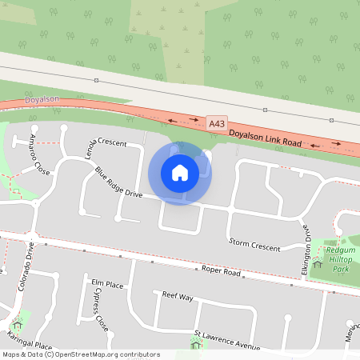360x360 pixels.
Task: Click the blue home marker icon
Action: [180, 173]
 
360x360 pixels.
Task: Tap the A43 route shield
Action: [216, 124]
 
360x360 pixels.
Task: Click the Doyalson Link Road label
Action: [265, 138]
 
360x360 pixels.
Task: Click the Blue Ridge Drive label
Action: [118, 183]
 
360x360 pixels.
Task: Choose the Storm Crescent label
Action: [254, 242]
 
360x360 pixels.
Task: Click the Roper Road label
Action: [221, 272]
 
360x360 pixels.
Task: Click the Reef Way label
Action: [178, 296]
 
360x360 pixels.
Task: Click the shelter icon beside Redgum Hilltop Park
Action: [318, 262]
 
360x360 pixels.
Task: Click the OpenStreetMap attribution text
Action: [80, 354]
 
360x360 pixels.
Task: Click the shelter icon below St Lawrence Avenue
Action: [196, 345]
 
